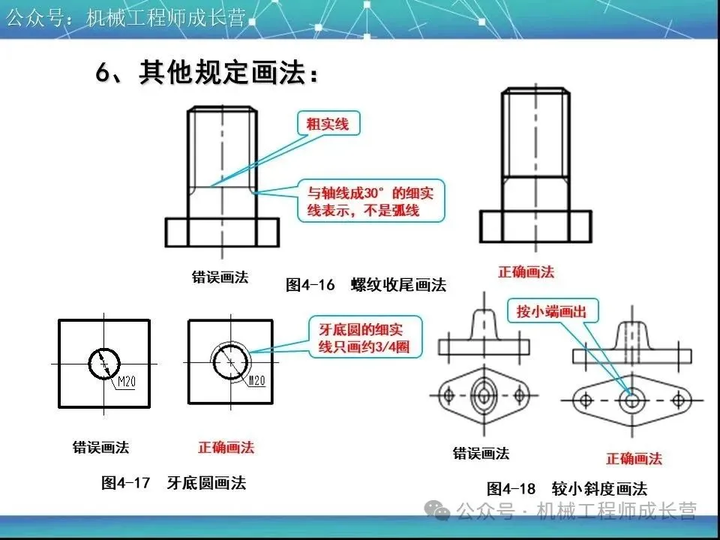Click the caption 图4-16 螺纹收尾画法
366,285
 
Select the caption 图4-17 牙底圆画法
173,483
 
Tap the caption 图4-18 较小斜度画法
566,489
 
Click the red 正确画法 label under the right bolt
526,271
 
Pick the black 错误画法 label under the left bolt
220,277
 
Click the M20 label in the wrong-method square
125,383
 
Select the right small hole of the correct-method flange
678,399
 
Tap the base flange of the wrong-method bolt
221,232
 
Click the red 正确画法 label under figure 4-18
634,458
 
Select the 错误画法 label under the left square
100,448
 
